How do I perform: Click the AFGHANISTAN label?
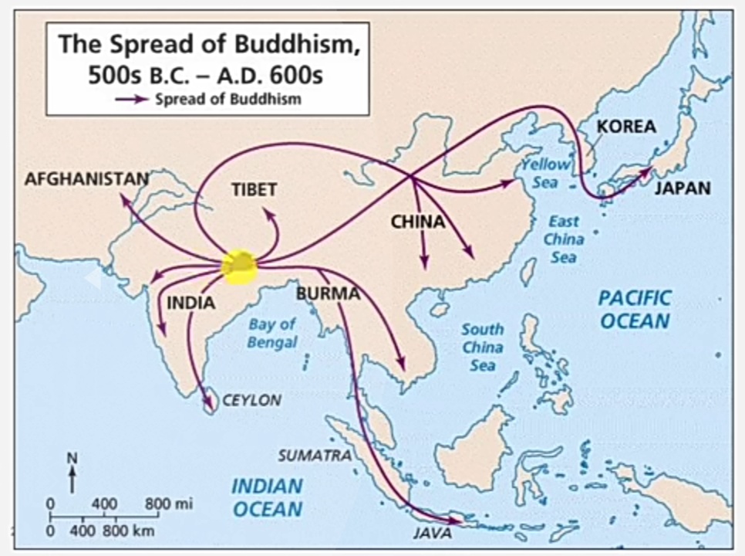[86, 178]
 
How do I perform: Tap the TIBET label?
[254, 189]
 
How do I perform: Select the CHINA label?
[417, 222]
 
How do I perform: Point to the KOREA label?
[626, 127]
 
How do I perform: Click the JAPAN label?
[683, 188]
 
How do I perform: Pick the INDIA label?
[190, 303]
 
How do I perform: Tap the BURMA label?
[328, 293]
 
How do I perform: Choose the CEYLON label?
[251, 401]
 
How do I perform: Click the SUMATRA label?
[314, 456]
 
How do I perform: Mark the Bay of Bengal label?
[271, 334]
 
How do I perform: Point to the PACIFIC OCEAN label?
[635, 309]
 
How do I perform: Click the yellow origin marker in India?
[240, 265]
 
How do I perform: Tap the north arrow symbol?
[72, 473]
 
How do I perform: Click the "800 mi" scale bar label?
[169, 504]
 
